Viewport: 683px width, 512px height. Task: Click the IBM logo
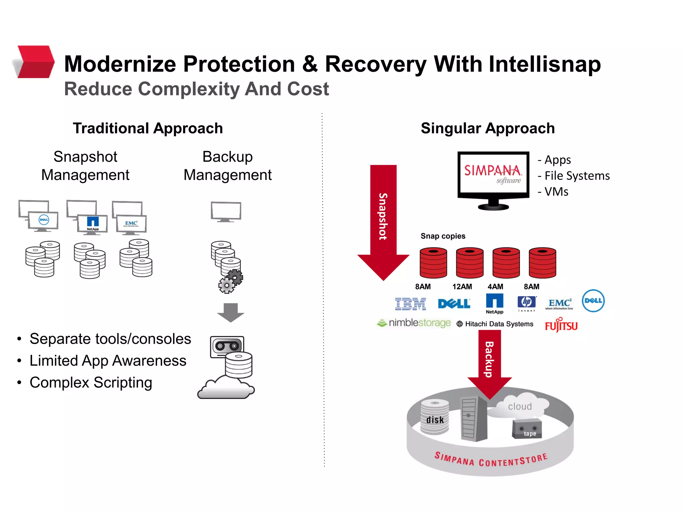pyautogui.click(x=410, y=304)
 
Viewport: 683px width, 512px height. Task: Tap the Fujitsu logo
pyautogui.click(x=561, y=325)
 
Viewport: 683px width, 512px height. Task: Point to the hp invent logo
pyautogui.click(x=527, y=303)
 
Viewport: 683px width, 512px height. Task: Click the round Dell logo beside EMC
pyautogui.click(x=593, y=301)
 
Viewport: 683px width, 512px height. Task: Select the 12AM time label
pyautogui.click(x=462, y=287)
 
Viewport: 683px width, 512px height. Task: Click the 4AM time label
pyautogui.click(x=495, y=287)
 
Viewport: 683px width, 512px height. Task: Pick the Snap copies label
pyautogui.click(x=443, y=236)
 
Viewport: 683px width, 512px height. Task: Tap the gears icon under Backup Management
pyautogui.click(x=231, y=281)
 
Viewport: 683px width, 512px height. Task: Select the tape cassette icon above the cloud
pyautogui.click(x=227, y=346)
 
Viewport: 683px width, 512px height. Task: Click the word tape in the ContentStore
pyautogui.click(x=530, y=434)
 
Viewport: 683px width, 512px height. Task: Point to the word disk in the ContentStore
pyautogui.click(x=435, y=420)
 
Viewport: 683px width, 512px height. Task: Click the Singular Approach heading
pyautogui.click(x=488, y=128)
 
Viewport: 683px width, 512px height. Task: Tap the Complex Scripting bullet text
pyautogui.click(x=91, y=383)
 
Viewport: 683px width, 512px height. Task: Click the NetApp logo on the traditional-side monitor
pyautogui.click(x=93, y=223)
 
